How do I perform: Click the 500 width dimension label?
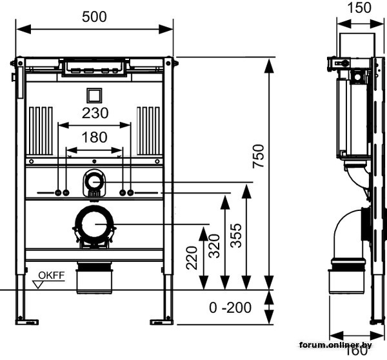tap(94, 17)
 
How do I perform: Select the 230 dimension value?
tap(95, 113)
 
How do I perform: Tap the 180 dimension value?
tap(95, 137)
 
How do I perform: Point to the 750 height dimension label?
tap(258, 156)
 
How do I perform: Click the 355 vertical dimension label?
tap(235, 235)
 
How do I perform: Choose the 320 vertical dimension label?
tap(213, 246)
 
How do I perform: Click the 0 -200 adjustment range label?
tap(230, 308)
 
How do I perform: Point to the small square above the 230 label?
tap(94, 94)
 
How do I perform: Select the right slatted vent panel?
tap(148, 130)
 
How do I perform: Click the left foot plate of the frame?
tap(27, 320)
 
